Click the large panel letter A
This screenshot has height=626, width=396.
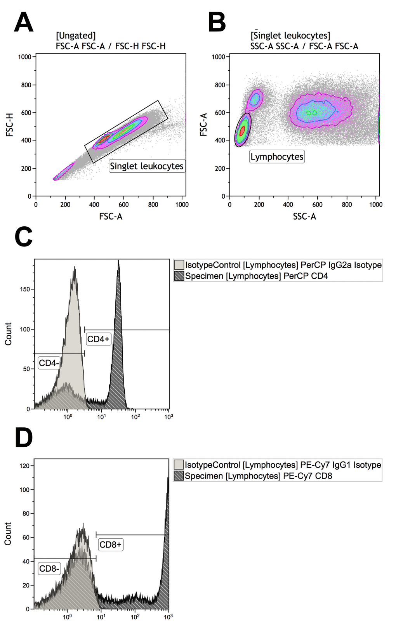[x=23, y=22]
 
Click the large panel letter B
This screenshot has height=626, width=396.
[x=217, y=22]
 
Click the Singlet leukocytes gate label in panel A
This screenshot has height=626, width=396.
[x=146, y=166]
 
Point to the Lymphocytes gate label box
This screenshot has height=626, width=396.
[x=276, y=157]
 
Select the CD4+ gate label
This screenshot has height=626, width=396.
[x=98, y=339]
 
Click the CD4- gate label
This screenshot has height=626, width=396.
[x=49, y=363]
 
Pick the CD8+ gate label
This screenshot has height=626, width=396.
[x=110, y=544]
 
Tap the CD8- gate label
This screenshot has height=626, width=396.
[x=49, y=569]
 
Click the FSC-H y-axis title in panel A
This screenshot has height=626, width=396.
[x=10, y=125]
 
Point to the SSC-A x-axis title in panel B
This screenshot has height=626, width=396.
[x=304, y=216]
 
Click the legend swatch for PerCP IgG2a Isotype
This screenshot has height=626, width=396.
[x=179, y=265]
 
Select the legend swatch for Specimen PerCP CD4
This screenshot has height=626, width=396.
[x=179, y=276]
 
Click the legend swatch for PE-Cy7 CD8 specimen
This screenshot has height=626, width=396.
[x=179, y=476]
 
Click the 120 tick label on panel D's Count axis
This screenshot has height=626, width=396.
[x=24, y=466]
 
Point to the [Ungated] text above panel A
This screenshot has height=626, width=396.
[x=75, y=36]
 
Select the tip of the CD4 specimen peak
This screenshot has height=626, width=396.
[x=118, y=261]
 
